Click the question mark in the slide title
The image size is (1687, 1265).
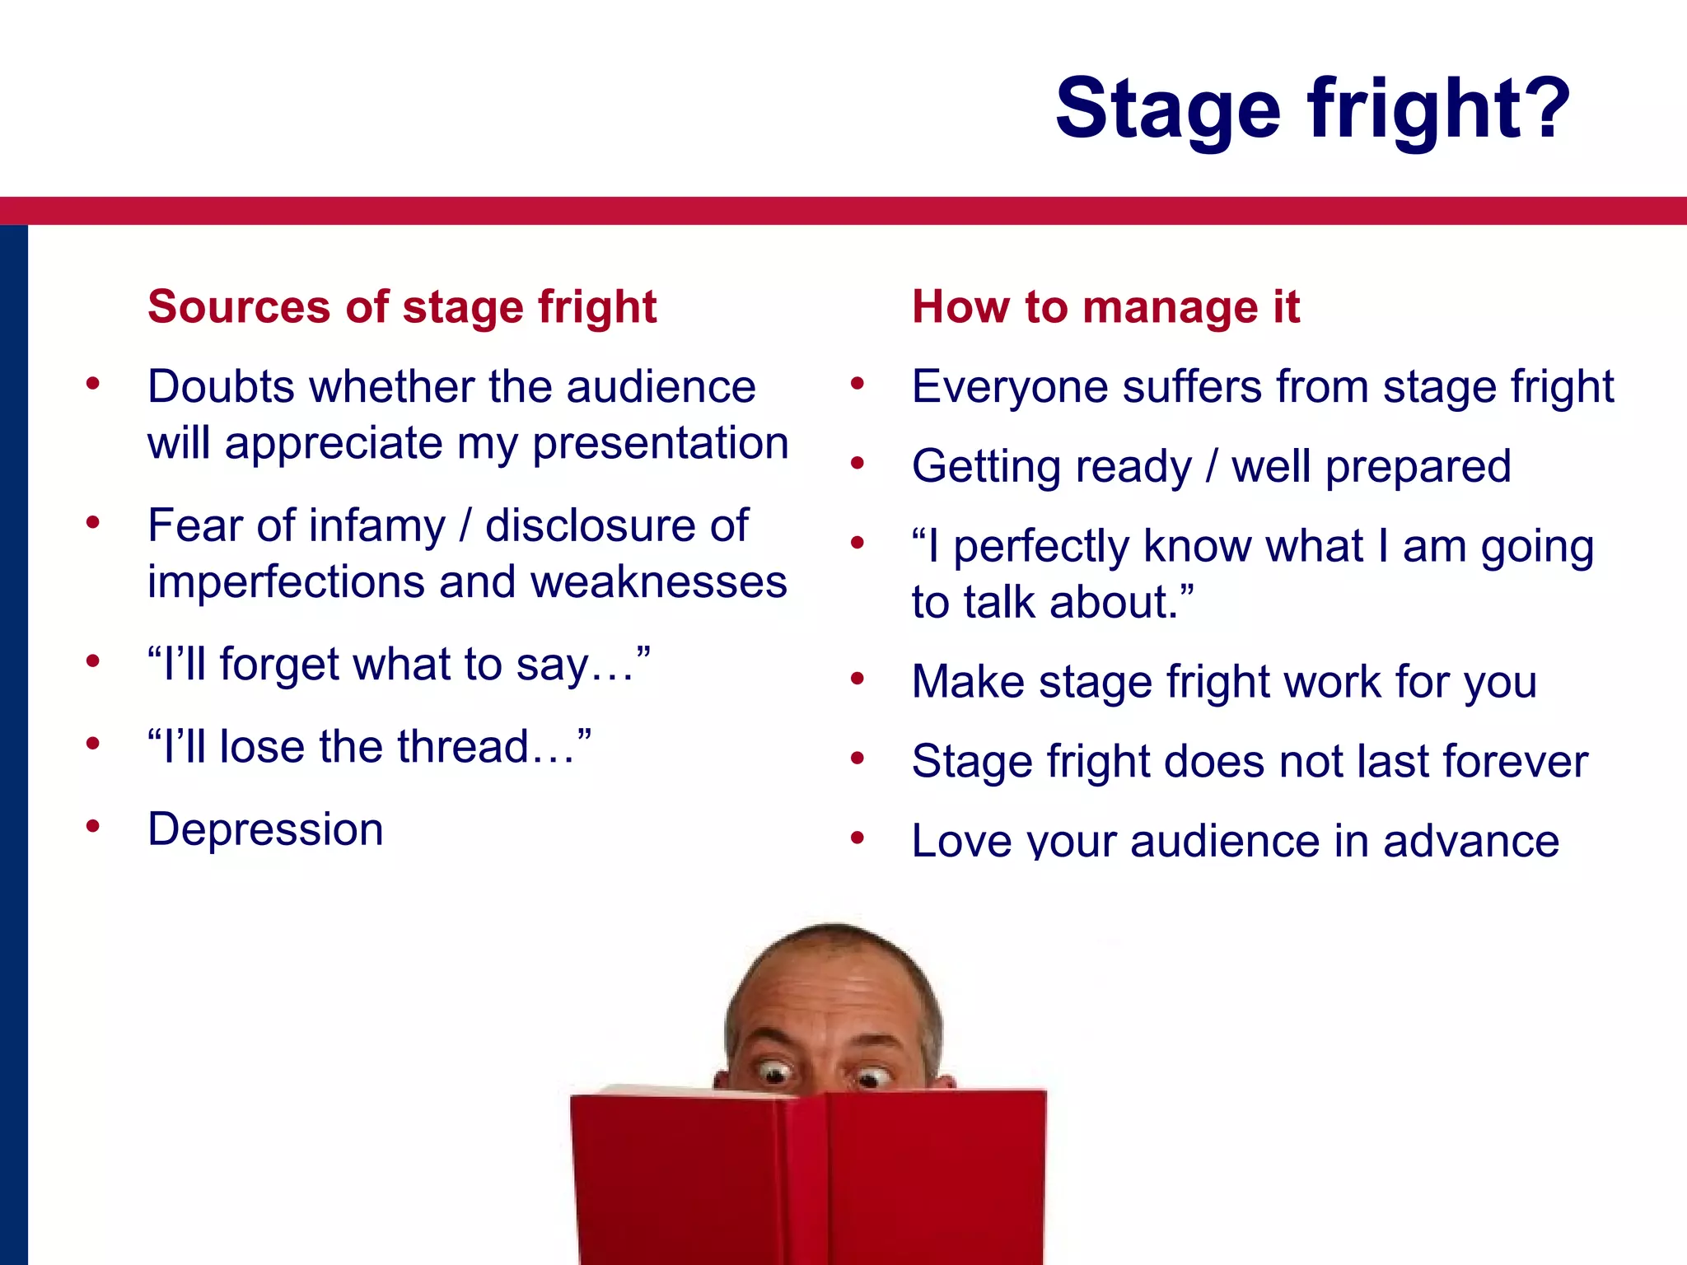click(1541, 108)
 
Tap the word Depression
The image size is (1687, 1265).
click(265, 829)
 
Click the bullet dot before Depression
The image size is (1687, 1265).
click(93, 825)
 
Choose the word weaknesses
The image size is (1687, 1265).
click(658, 582)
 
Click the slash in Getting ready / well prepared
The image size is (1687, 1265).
click(1212, 466)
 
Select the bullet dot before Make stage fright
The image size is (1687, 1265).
click(858, 679)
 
